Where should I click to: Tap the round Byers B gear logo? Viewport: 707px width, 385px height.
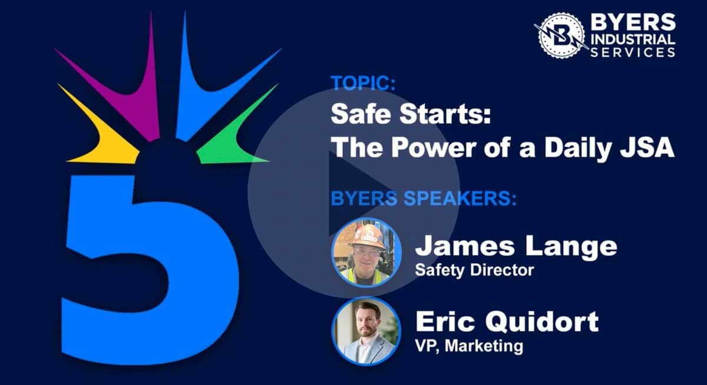[561, 35]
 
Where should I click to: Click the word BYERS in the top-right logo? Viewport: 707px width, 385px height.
[633, 22]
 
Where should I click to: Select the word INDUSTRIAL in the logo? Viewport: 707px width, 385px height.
[633, 39]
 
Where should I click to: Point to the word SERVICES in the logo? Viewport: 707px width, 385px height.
[633, 52]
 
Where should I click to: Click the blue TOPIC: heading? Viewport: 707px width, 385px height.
[363, 83]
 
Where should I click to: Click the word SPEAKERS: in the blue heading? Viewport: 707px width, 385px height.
[460, 198]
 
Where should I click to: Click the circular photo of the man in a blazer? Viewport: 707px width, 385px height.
[366, 331]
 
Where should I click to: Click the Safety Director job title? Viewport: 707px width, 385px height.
[474, 270]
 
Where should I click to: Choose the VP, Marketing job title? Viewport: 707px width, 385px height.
[469, 346]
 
